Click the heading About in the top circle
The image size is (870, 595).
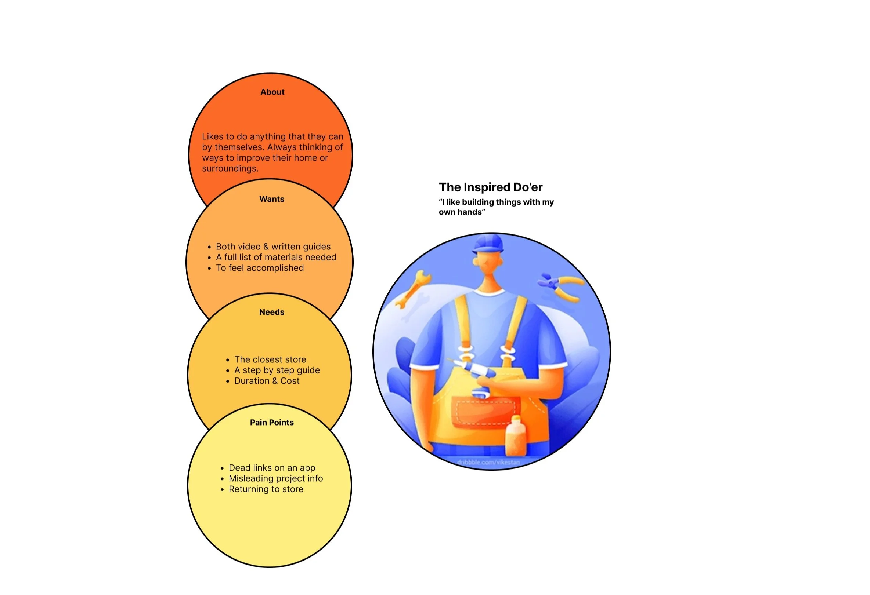(272, 92)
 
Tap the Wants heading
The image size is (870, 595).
(272, 199)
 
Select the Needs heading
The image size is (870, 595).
(272, 312)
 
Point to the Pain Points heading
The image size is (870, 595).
(272, 423)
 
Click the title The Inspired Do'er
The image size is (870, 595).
(490, 187)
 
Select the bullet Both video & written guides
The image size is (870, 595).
(273, 247)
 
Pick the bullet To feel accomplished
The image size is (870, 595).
(259, 268)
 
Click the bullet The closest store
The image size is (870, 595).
(270, 360)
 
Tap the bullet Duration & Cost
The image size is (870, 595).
(267, 381)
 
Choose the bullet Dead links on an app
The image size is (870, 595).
(272, 468)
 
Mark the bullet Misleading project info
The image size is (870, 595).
(275, 479)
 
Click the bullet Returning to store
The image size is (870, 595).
(266, 489)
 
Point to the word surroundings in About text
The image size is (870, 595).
(230, 169)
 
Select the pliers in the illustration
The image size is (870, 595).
(562, 286)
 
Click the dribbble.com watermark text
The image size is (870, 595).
(488, 463)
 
